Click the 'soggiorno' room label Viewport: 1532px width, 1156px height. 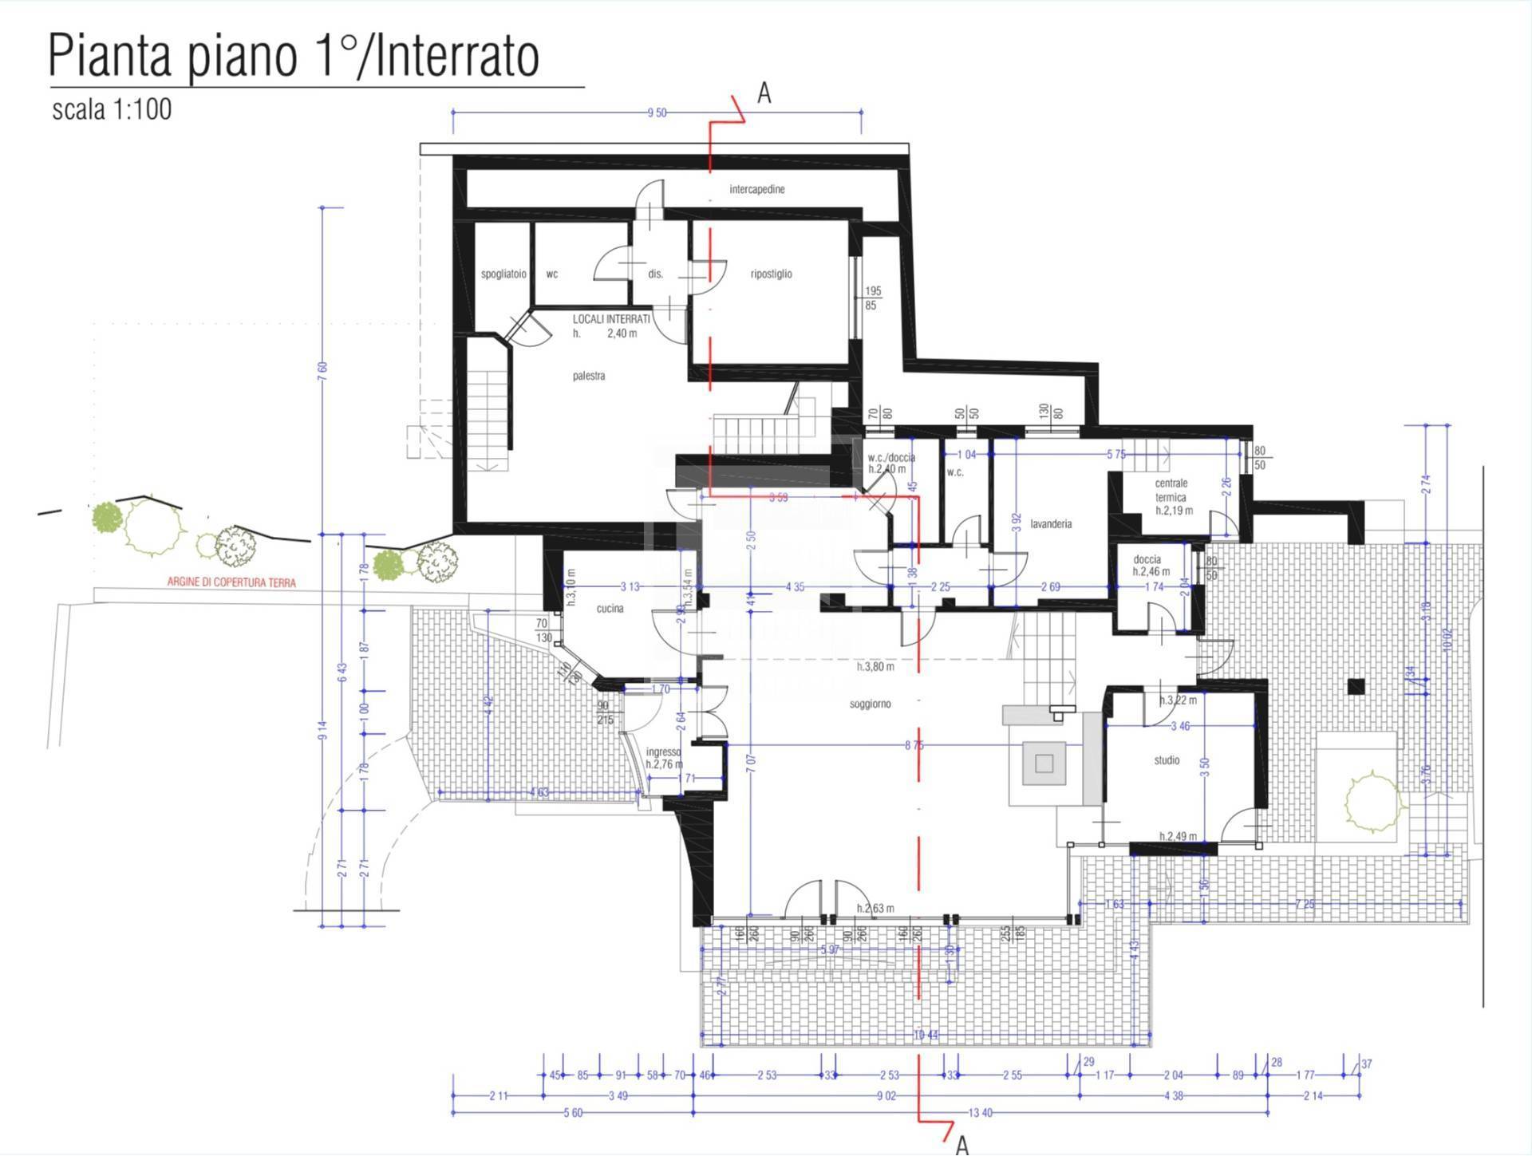click(870, 704)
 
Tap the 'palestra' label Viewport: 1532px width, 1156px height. click(589, 376)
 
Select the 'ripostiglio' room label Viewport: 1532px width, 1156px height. click(771, 274)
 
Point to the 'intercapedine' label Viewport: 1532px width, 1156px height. click(756, 189)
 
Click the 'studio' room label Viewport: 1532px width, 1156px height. click(1167, 760)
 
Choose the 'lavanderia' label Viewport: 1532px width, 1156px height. click(1051, 524)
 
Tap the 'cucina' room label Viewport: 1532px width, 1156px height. click(610, 609)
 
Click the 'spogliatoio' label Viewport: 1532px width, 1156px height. click(503, 274)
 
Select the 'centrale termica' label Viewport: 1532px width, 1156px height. click(1171, 491)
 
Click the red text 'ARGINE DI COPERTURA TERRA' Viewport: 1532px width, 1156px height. click(231, 582)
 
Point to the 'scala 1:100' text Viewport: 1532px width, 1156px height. click(112, 109)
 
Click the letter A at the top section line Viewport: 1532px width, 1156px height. click(764, 94)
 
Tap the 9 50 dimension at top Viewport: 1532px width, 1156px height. click(657, 113)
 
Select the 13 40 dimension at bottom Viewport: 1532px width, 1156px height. click(980, 1113)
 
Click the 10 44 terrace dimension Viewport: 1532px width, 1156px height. click(926, 1036)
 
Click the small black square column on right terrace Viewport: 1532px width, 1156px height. click(1356, 687)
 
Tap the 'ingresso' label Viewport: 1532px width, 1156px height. click(663, 752)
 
